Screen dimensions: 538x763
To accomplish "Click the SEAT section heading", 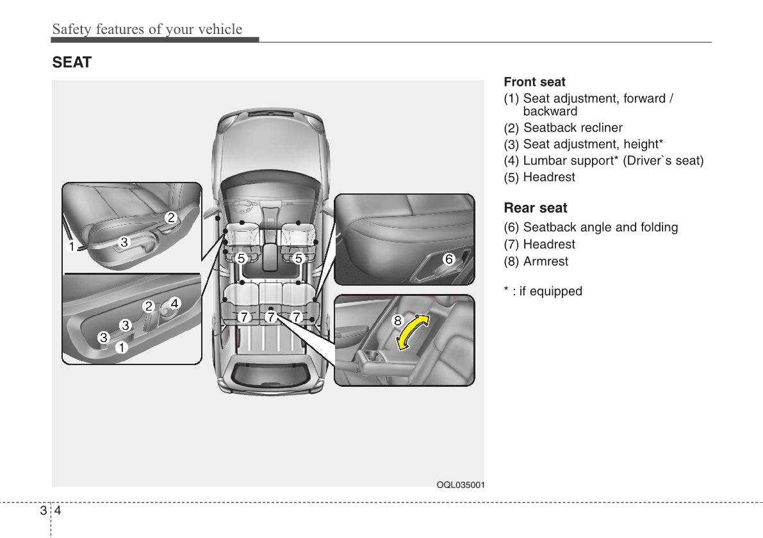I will pyautogui.click(x=72, y=63).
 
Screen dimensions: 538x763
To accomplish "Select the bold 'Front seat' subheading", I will pyautogui.click(x=534, y=82).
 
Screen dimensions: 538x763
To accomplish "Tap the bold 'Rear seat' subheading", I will pyautogui.click(x=536, y=208).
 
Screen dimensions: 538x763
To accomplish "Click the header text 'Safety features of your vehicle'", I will pyautogui.click(x=147, y=29).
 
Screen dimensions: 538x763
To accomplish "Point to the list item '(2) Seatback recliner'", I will pyautogui.click(x=562, y=128).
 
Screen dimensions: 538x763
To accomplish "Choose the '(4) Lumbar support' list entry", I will pyautogui.click(x=603, y=161).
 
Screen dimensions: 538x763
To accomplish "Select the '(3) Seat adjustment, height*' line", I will pyautogui.click(x=583, y=144).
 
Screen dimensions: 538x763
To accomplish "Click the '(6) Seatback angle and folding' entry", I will pyautogui.click(x=590, y=227).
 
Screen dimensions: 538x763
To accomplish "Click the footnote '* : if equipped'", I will pyautogui.click(x=543, y=291).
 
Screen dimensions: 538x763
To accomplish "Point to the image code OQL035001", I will pyautogui.click(x=460, y=485).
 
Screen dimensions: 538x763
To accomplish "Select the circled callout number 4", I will pyautogui.click(x=174, y=303).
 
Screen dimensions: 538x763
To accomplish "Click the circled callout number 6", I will pyautogui.click(x=448, y=259).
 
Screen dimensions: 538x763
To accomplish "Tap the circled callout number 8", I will pyautogui.click(x=397, y=320).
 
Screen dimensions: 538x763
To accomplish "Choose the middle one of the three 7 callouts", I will pyautogui.click(x=270, y=316).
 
